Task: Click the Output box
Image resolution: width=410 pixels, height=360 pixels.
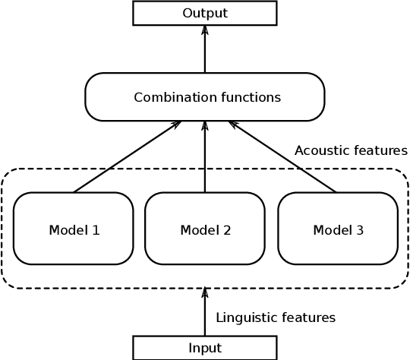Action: [x=204, y=13]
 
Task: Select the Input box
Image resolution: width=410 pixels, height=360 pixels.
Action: [x=204, y=348]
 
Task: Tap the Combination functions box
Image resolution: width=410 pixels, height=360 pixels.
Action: [x=204, y=97]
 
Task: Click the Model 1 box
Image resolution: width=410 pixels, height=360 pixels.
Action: [x=74, y=229]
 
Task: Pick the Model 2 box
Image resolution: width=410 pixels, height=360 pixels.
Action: [x=205, y=229]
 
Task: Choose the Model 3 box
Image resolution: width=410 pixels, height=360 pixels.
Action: [x=338, y=229]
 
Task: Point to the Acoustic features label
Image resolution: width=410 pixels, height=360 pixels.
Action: [x=351, y=150]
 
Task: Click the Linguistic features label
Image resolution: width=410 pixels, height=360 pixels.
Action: [x=276, y=317]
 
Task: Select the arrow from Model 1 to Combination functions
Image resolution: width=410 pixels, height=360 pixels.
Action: [x=127, y=156]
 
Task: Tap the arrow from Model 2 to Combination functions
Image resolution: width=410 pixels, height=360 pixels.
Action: [x=205, y=156]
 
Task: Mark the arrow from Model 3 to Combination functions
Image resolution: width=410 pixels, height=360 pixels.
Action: [x=282, y=156]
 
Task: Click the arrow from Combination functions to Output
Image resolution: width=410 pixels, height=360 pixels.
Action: [x=205, y=49]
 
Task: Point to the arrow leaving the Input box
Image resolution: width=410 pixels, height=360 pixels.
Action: [x=205, y=313]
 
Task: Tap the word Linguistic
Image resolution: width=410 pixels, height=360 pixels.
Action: [x=244, y=317]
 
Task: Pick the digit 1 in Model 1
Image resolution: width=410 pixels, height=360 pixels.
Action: [x=96, y=229]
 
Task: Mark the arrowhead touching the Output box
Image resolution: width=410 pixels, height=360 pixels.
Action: [x=205, y=30]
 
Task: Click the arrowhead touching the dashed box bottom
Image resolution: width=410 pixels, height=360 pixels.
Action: [x=205, y=292]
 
